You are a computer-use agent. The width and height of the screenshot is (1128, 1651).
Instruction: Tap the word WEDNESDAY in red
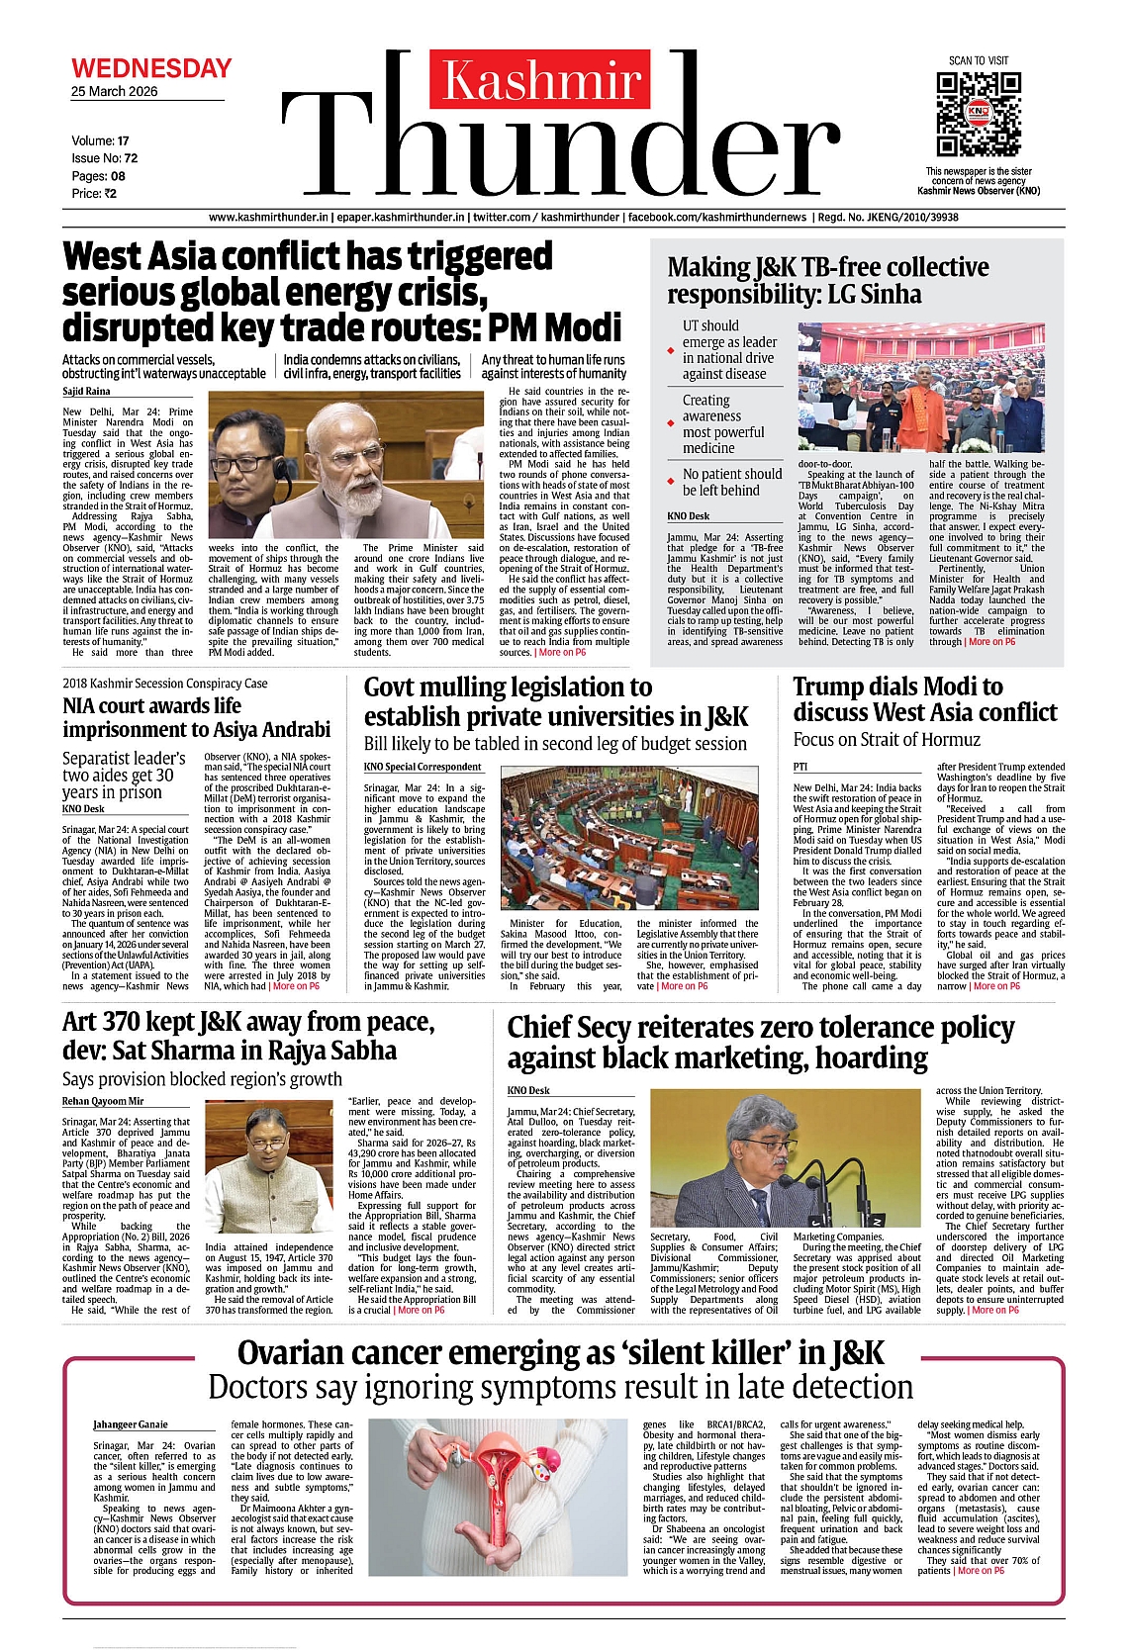pos(151,68)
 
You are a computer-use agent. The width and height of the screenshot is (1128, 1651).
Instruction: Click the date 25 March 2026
pos(114,91)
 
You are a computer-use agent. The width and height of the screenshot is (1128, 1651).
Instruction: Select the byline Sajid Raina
pos(86,392)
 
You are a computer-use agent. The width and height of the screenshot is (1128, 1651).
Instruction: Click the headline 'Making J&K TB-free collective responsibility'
pos(827,281)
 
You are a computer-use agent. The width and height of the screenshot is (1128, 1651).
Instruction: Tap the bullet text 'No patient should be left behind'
pos(731,482)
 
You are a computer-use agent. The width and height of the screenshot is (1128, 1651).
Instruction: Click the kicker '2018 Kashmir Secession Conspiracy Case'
pos(164,684)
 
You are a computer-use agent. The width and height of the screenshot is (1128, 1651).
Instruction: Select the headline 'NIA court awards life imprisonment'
pos(196,717)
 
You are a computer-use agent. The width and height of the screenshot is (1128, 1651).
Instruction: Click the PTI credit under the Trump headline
pos(800,767)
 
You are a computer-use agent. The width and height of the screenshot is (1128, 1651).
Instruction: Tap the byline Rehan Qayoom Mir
pos(103,1101)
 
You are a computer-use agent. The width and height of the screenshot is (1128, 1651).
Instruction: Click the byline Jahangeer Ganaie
pos(131,1424)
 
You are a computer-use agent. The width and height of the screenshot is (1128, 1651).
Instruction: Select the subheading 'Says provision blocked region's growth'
pos(202,1079)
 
